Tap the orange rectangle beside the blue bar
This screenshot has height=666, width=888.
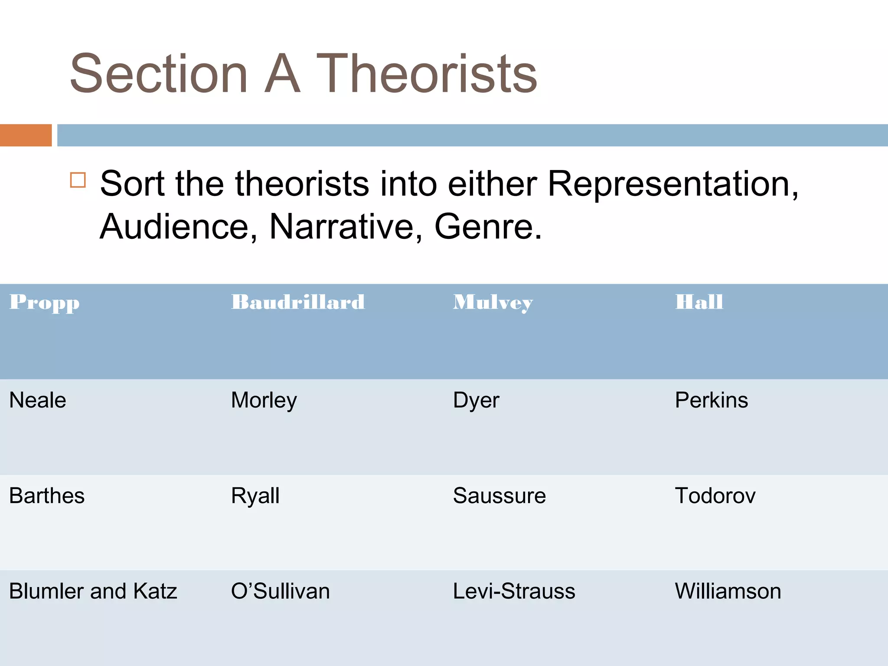[26, 135]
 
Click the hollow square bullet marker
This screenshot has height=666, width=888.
[78, 180]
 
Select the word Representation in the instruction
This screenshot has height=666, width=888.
[672, 184]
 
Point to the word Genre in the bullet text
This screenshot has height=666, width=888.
[488, 227]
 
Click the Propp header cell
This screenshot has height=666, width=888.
[45, 302]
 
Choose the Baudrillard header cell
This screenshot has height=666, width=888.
[298, 302]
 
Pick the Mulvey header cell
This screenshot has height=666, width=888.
[493, 302]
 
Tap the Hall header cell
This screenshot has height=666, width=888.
[699, 302]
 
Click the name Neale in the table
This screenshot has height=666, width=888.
[38, 400]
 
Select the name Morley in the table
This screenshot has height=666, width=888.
[264, 400]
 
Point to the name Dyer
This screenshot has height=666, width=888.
[476, 400]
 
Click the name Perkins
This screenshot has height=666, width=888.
[711, 400]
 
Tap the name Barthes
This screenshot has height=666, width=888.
[47, 496]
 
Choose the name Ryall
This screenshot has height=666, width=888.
[255, 496]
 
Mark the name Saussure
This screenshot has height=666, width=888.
[499, 496]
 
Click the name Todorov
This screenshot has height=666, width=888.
[715, 496]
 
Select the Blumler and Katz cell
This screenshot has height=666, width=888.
[93, 591]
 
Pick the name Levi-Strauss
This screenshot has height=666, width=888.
[514, 591]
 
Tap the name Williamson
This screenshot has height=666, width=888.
[728, 591]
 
